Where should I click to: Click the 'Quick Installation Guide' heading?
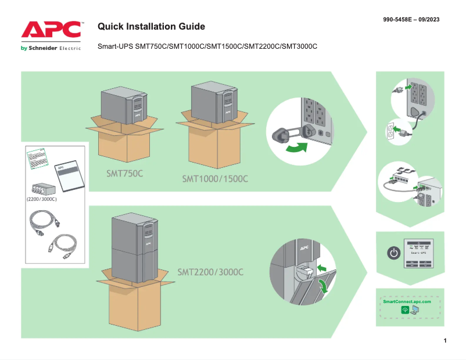click(x=151, y=27)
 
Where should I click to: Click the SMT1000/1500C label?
click(x=215, y=178)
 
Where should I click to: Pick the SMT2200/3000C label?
click(x=210, y=272)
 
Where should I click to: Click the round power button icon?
click(x=394, y=253)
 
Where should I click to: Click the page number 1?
click(x=445, y=340)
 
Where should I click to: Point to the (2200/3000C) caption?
click(x=41, y=199)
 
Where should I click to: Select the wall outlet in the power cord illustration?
click(x=390, y=132)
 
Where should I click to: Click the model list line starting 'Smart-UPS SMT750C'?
click(x=207, y=46)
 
